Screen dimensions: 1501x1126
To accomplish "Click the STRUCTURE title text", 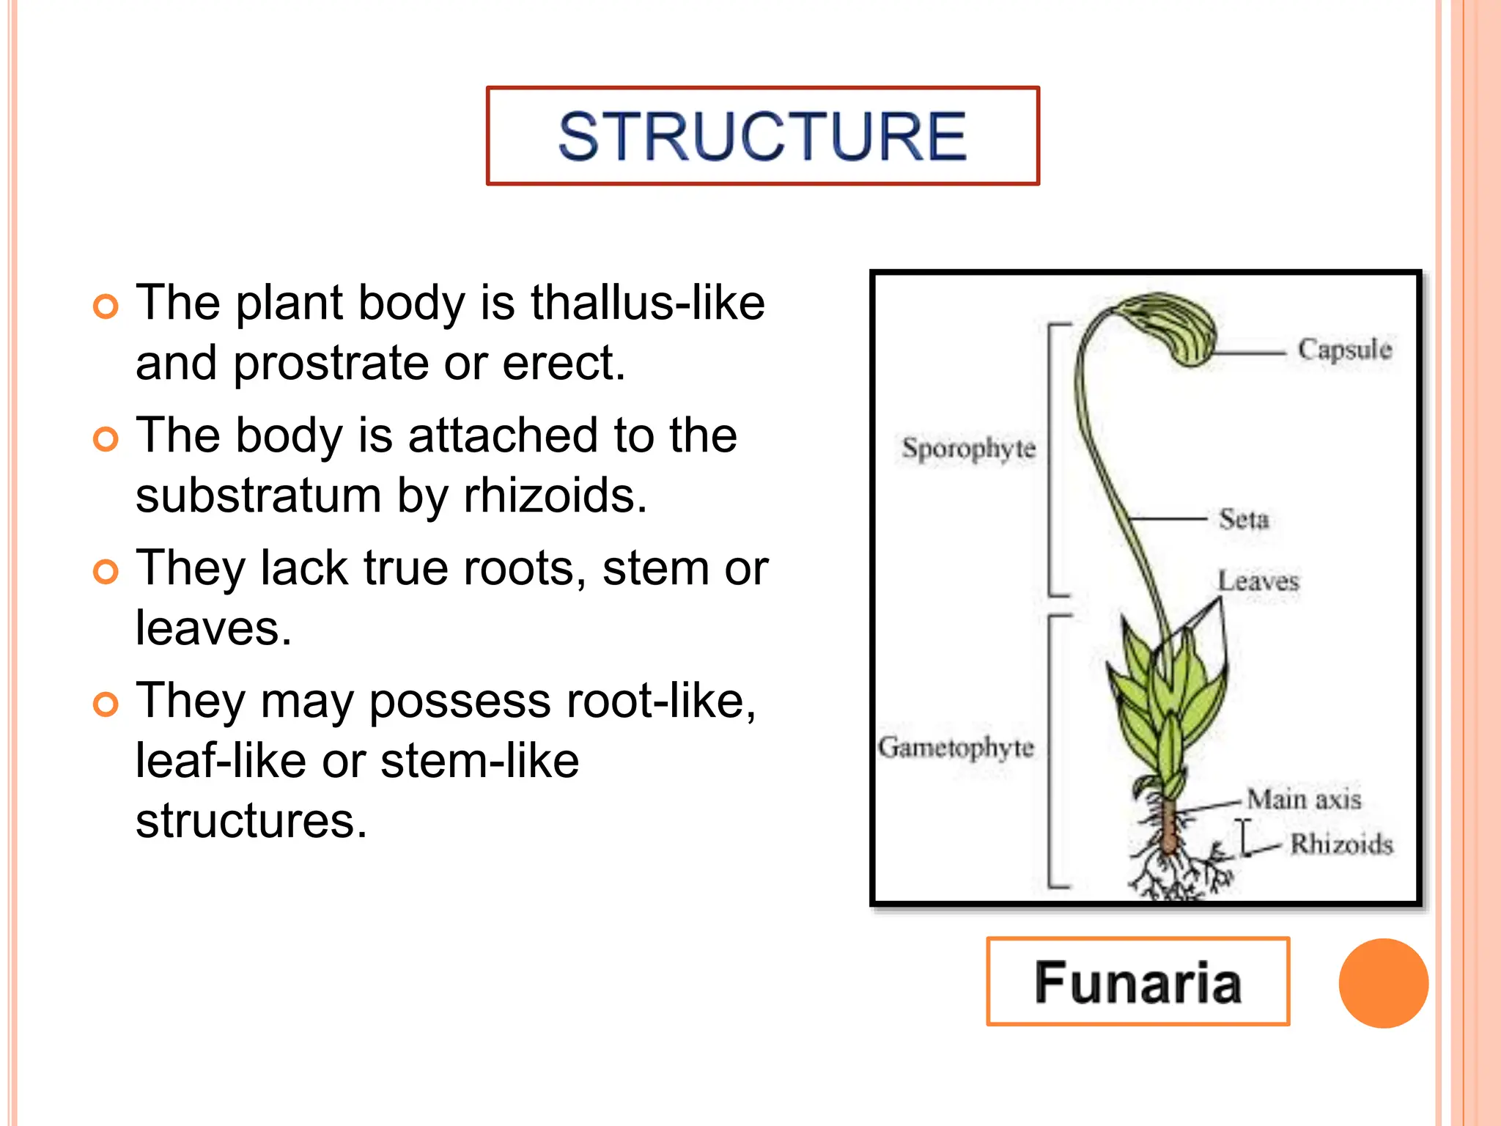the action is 762,136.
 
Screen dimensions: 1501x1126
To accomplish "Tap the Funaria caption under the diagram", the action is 1137,982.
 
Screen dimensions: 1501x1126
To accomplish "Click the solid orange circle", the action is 1383,983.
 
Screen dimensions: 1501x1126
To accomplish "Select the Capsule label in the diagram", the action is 1344,350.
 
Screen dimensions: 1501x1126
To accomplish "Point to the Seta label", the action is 1244,519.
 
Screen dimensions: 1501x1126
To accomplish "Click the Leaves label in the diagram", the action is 1258,581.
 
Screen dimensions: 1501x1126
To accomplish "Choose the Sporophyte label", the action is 968,448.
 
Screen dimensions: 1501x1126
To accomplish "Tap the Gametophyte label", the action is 956,748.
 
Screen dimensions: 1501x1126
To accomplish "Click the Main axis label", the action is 1304,799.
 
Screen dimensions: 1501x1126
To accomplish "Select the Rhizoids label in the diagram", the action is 1341,844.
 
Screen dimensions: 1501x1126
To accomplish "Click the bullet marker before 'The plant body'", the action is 106,306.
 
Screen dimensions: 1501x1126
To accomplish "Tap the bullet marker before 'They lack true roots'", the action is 106,572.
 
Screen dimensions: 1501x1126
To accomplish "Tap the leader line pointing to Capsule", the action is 1250,353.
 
